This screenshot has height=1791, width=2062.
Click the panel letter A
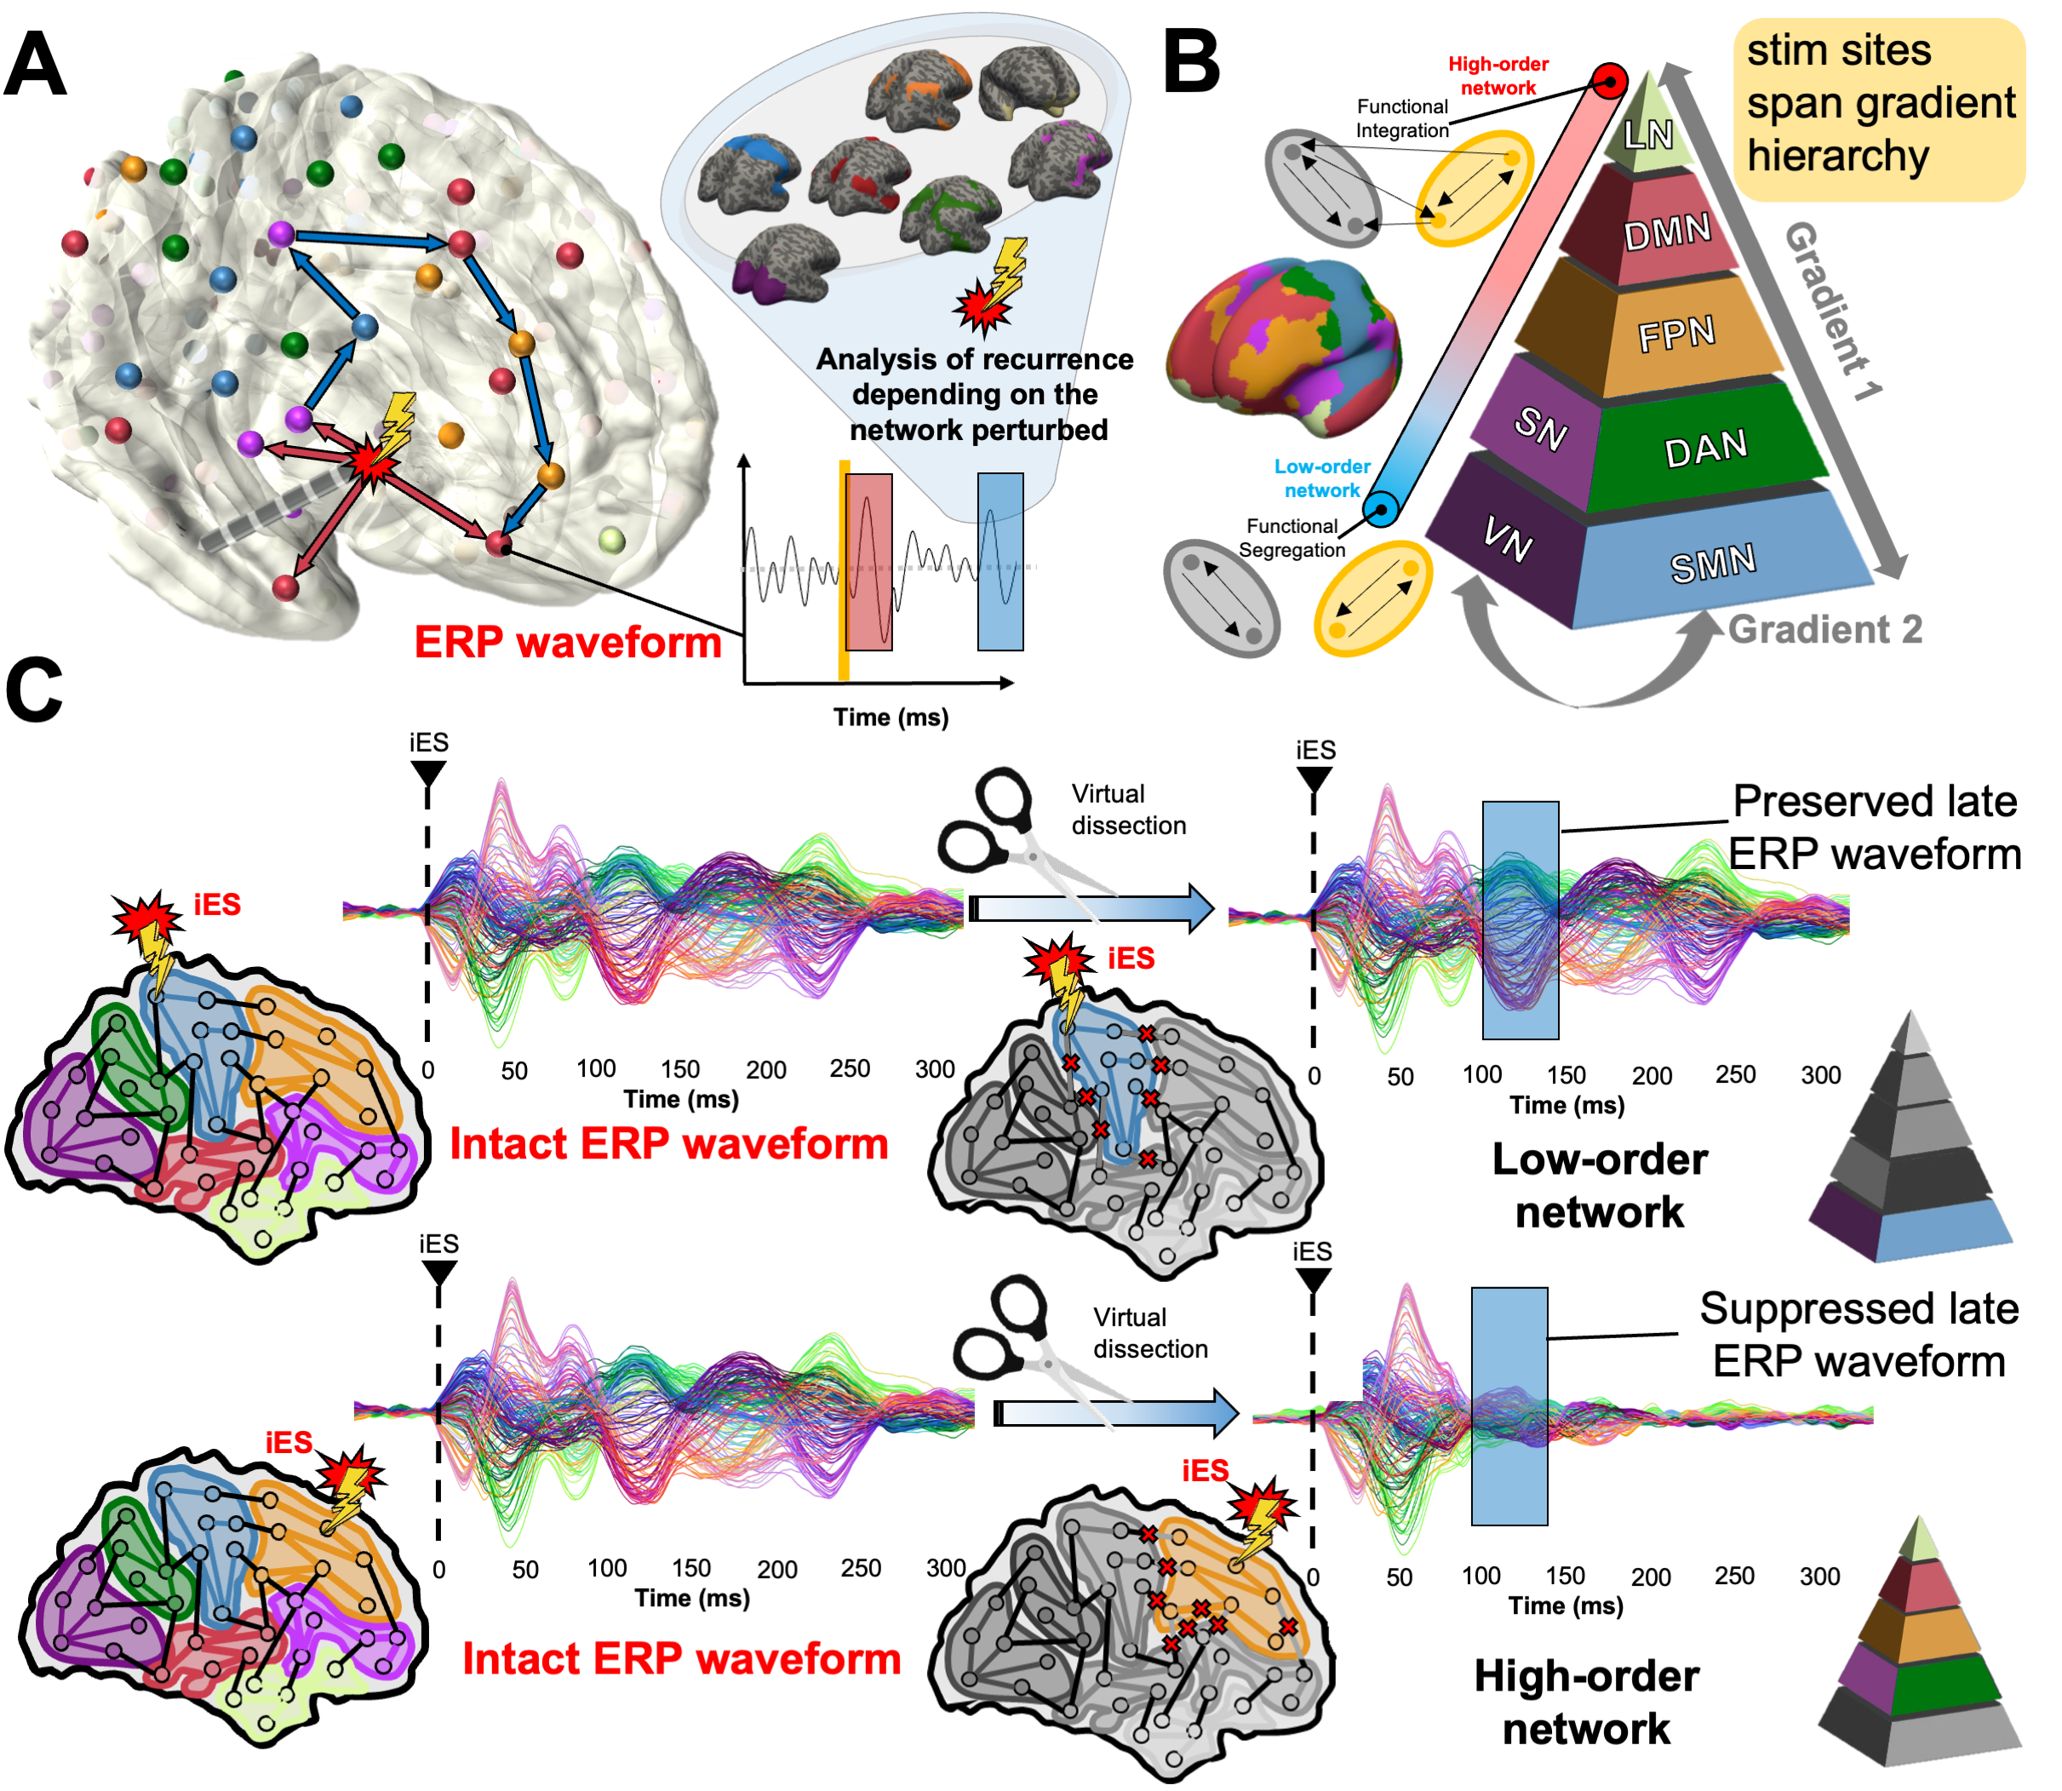coord(36,64)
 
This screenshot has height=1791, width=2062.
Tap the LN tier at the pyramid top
coord(1648,133)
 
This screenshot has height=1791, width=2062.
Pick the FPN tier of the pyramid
coord(1677,335)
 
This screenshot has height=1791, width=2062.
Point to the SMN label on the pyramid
coord(1713,564)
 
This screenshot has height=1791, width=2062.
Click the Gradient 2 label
coord(1825,629)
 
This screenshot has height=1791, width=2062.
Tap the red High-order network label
coord(1498,76)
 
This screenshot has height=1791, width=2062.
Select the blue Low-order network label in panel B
coord(1321,478)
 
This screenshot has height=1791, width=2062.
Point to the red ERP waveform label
coord(568,643)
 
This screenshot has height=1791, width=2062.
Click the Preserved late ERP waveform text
coord(1875,827)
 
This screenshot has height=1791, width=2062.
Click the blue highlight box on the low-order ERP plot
coord(1521,919)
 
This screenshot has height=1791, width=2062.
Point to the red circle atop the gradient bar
coord(1609,81)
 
